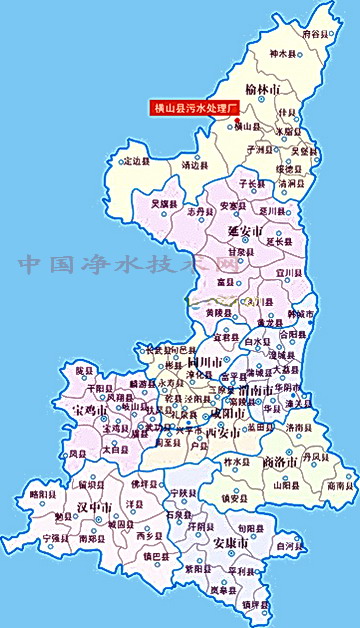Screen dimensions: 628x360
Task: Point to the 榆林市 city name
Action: click(x=264, y=91)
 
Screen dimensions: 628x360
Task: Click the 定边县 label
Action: click(x=136, y=160)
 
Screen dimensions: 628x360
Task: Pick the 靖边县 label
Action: click(x=195, y=166)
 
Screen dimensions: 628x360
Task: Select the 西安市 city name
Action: click(x=222, y=433)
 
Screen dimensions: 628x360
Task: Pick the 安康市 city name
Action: click(x=232, y=543)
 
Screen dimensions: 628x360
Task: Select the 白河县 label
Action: click(x=287, y=548)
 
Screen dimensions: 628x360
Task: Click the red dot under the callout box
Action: click(x=236, y=122)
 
